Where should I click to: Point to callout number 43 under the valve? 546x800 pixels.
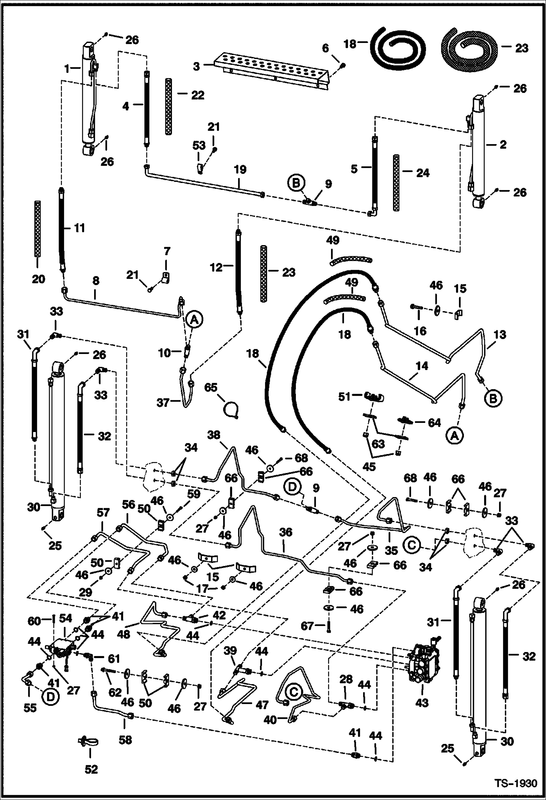pos(422,702)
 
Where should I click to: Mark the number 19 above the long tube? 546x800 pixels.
pos(240,170)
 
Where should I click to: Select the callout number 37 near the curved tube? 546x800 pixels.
pos(163,403)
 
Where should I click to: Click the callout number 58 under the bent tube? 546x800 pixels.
pos(125,740)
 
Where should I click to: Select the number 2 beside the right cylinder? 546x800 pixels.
pos(503,145)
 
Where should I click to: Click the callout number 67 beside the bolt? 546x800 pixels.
pos(308,626)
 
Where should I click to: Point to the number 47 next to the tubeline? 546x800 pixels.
pos(262,705)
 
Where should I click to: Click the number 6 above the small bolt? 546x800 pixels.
pos(325,48)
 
